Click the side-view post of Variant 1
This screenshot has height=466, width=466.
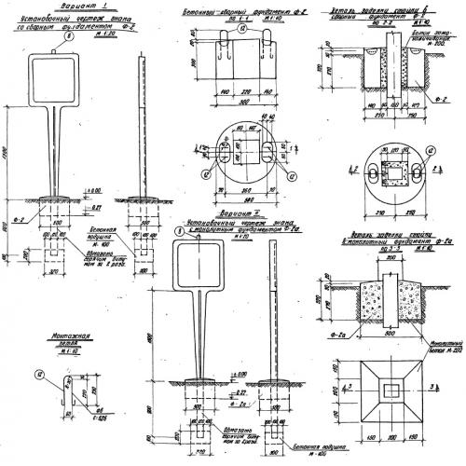tap(141, 130)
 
